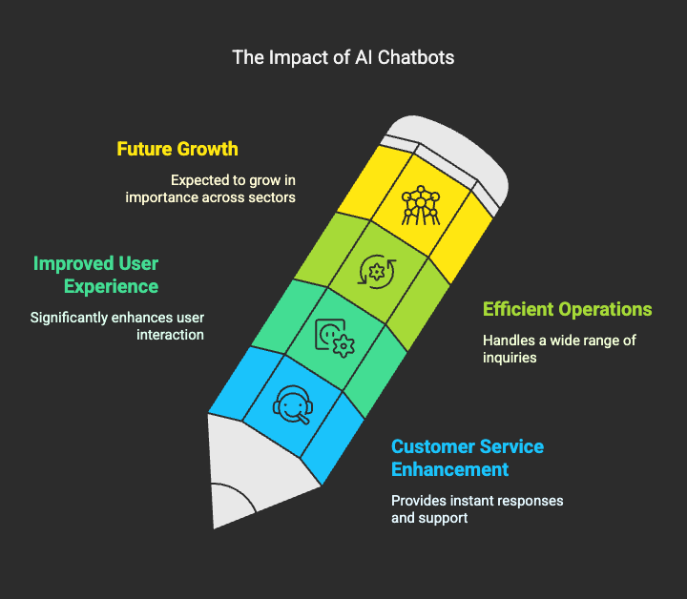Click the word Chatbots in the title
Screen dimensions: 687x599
[416, 57]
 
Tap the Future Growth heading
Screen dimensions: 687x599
[177, 149]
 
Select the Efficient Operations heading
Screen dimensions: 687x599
[568, 309]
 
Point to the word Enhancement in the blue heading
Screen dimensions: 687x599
[450, 469]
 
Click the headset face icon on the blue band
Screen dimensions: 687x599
[293, 404]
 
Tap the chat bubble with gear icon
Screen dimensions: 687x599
[335, 338]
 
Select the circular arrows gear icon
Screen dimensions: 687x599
[377, 272]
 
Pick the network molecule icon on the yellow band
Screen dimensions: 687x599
[421, 205]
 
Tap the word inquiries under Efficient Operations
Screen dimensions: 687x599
[510, 358]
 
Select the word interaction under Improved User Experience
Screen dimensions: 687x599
[170, 335]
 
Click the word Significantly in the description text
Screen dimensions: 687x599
[69, 318]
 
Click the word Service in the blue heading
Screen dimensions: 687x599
[511, 446]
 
